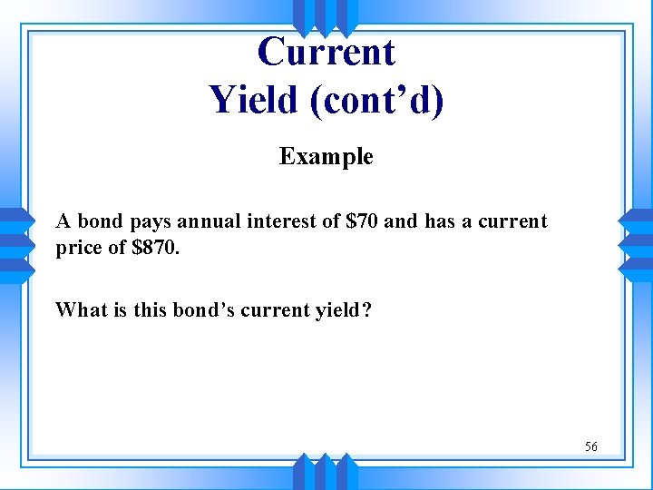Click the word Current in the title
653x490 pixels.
pos(326,52)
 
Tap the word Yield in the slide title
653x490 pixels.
pos(254,99)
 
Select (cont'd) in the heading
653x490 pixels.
pos(377,99)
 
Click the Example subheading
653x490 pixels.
pos(326,157)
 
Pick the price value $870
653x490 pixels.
pos(156,247)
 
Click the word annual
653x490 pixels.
pos(210,221)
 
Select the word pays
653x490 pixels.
pos(149,221)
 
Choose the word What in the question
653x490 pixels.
pos(79,309)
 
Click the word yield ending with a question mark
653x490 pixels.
pos(343,310)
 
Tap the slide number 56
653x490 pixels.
pos(590,446)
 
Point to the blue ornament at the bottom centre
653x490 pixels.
pos(326,474)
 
